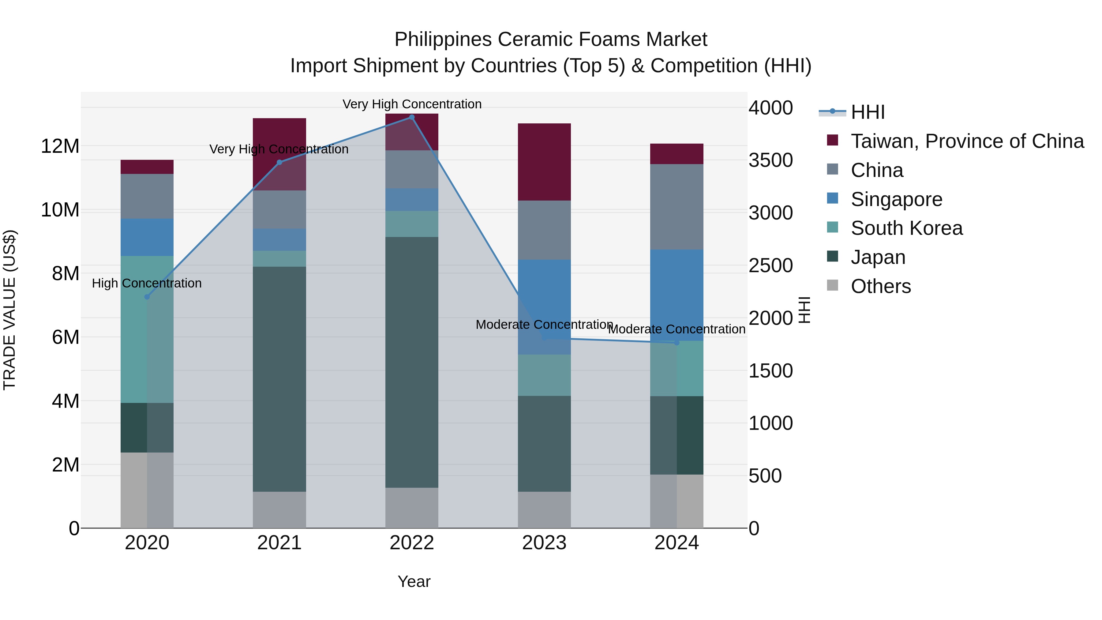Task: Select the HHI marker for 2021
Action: (279, 162)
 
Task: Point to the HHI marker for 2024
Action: (677, 343)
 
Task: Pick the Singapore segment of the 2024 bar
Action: (677, 295)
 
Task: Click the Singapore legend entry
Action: (896, 199)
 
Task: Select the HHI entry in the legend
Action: (868, 112)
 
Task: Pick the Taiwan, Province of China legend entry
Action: (967, 141)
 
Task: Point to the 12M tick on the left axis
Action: (60, 146)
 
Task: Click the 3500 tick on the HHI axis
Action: (770, 160)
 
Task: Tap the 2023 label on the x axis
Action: (544, 543)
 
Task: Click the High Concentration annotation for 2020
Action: (147, 283)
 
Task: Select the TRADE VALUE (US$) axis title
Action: (9, 310)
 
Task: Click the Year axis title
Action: (414, 581)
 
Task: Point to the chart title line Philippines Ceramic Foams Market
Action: (551, 39)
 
